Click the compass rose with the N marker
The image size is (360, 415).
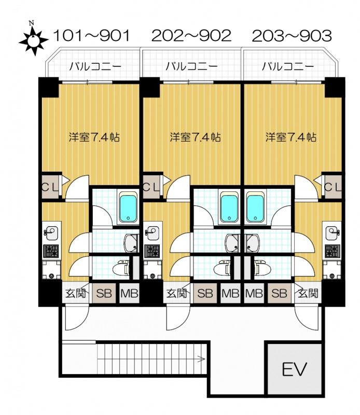point(34,41)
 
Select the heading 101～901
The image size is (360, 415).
point(92,35)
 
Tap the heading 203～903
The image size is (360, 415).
point(292,36)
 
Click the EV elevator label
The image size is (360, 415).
point(294,369)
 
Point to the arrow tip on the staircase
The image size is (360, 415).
point(204,359)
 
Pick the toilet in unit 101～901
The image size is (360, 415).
point(121,269)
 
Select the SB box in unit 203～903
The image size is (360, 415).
point(279,293)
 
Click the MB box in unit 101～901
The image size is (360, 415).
point(129,293)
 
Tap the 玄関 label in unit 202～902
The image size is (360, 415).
point(176,293)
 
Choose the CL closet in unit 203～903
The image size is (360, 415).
point(333,187)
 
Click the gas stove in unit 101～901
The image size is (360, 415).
point(51,251)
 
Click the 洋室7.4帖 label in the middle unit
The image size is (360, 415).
point(195,137)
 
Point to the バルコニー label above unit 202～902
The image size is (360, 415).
point(191,66)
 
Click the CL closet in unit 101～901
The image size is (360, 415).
point(50,187)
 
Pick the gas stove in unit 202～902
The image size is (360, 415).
point(152,251)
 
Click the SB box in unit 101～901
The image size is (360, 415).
point(104,293)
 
